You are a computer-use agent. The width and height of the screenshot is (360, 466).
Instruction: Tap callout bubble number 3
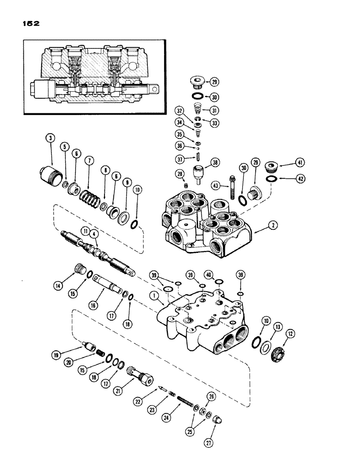pyautogui.click(x=50, y=138)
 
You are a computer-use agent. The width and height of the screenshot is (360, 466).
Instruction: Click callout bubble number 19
pyautogui.click(x=58, y=356)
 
